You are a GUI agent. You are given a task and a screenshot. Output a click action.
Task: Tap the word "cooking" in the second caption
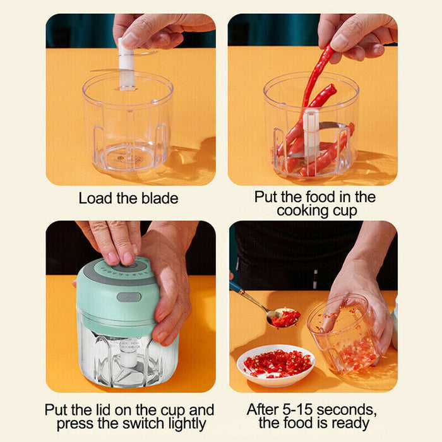click(x=301, y=210)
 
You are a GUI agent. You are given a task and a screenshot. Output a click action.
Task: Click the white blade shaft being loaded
click(x=127, y=63)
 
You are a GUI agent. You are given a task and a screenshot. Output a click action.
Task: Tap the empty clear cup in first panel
click(x=128, y=126)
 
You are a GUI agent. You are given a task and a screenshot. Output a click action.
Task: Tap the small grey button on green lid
click(x=128, y=297)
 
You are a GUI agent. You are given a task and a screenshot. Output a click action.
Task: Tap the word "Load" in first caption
click(x=93, y=198)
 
